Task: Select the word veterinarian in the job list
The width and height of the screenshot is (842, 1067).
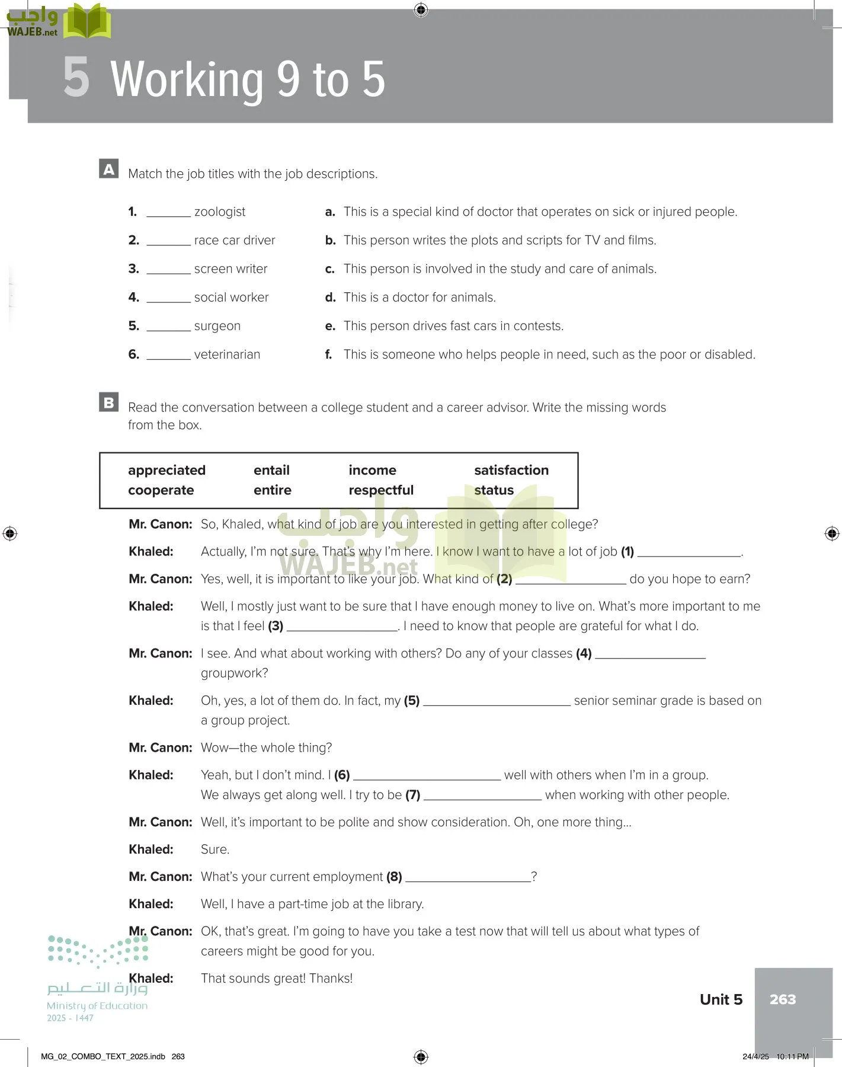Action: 227,354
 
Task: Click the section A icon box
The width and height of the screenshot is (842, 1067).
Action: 109,169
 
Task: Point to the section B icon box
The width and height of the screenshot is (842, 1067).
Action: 109,402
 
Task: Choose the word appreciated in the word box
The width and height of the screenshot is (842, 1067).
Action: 167,470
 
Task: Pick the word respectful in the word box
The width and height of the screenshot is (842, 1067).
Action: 381,490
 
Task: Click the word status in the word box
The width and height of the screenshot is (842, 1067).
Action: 494,490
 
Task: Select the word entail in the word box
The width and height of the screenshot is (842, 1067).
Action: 271,470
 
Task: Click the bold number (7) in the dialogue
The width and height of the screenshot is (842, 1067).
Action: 412,795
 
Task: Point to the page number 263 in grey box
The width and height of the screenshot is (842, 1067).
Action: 782,999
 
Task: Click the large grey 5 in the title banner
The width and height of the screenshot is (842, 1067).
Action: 76,78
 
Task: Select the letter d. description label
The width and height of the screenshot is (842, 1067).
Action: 330,298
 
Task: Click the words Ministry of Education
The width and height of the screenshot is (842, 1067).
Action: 97,1005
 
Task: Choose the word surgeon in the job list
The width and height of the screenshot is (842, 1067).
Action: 217,326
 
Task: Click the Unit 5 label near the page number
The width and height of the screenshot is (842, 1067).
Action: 721,999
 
